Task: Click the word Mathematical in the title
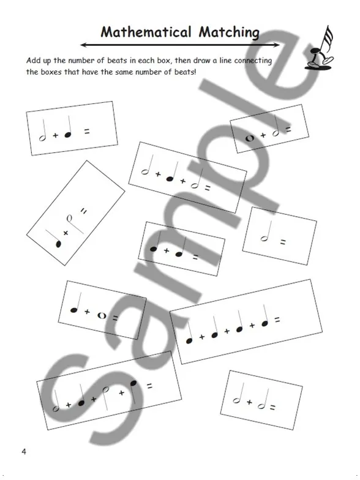click(146, 32)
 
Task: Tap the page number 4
click(24, 451)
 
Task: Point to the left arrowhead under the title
click(83, 45)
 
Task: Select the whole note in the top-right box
click(250, 138)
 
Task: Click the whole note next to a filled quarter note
click(102, 315)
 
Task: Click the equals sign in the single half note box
click(283, 242)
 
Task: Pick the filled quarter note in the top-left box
click(69, 127)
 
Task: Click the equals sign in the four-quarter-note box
click(277, 320)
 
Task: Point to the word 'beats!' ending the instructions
click(185, 72)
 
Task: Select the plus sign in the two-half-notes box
click(250, 402)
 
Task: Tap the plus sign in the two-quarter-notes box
click(167, 251)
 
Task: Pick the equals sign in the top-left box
click(87, 132)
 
